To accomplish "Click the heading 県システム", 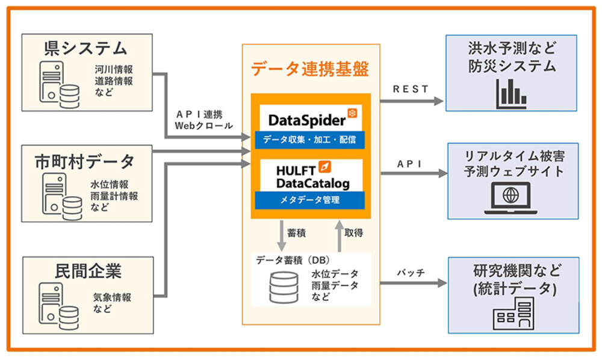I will point(85,49).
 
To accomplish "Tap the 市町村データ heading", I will point(85,161).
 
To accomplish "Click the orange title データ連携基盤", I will point(311,69).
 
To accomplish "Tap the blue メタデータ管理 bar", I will point(310,200).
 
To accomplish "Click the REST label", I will point(411,89).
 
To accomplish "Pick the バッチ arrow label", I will point(411,273).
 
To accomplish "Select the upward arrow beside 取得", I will point(338,235).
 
